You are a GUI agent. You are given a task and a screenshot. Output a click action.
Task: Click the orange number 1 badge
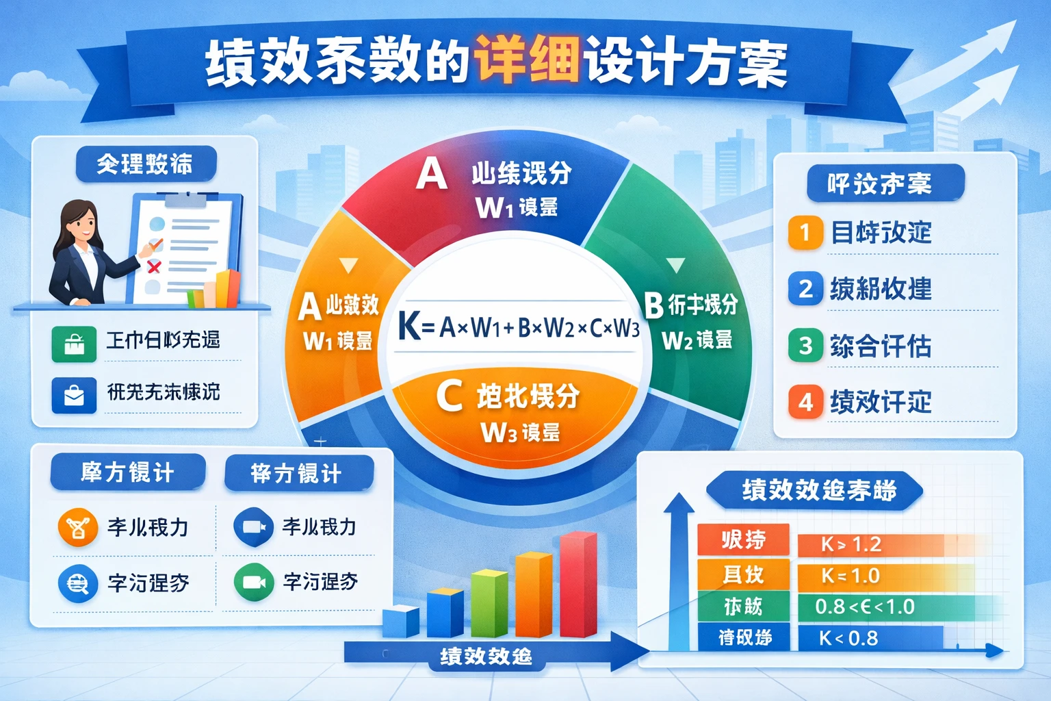805,233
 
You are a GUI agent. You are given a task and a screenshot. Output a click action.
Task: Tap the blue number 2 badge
805,289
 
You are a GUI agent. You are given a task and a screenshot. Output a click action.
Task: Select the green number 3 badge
805,345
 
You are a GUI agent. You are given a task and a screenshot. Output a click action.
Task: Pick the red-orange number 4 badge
805,402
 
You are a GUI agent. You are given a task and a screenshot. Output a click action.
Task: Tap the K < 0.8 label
848,639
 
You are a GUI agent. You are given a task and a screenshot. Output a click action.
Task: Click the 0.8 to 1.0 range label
865,607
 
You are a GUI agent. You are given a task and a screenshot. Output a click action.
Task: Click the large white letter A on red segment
432,174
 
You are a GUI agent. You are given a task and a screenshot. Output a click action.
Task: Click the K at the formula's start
409,327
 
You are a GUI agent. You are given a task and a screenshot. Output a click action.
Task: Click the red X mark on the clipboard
154,267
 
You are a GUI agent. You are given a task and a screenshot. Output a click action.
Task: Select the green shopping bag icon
74,344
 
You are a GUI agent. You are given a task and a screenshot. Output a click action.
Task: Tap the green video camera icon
254,583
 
